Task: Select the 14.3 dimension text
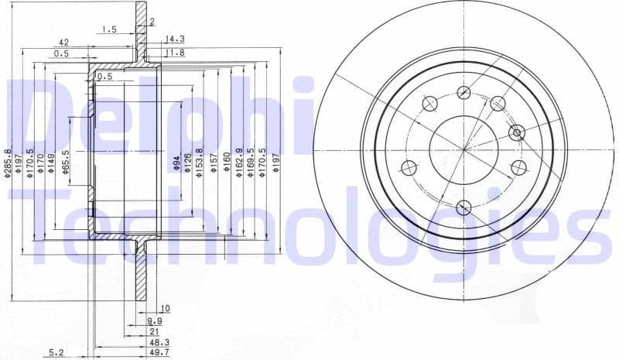175,39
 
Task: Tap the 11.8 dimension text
176,53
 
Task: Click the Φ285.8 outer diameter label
9,163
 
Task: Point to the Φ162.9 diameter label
239,163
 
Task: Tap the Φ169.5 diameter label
251,163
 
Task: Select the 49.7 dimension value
159,352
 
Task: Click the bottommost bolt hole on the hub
463,207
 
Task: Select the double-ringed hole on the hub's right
517,132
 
